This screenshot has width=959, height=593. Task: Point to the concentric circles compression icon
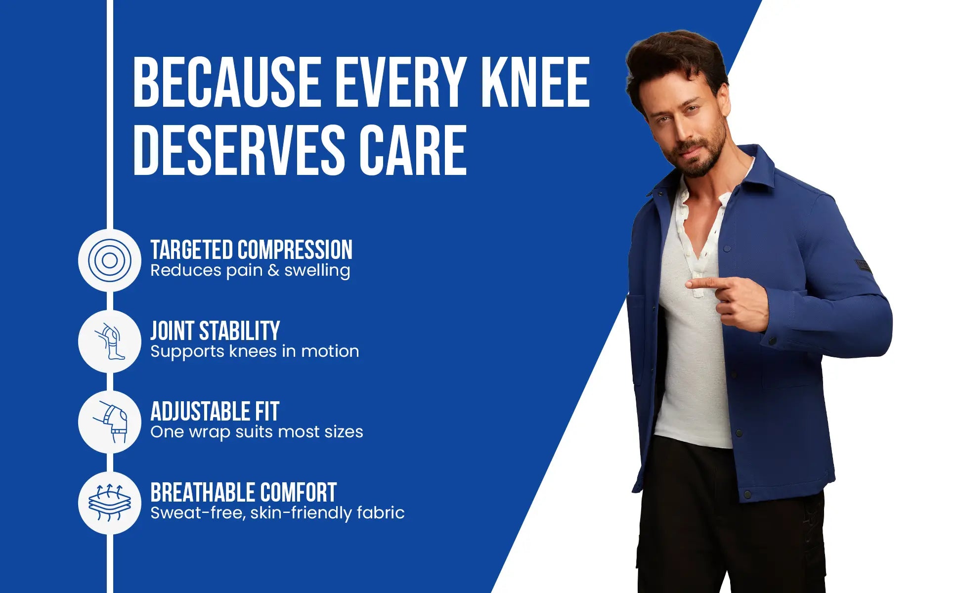[x=110, y=260]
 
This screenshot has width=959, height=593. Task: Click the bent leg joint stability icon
[x=110, y=341]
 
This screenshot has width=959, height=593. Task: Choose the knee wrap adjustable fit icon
[x=110, y=422]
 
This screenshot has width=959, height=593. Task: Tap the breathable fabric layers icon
[x=110, y=503]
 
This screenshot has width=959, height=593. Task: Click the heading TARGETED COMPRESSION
[x=251, y=250]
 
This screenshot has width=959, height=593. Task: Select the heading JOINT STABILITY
[x=215, y=331]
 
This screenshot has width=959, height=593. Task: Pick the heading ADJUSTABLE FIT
[x=215, y=412]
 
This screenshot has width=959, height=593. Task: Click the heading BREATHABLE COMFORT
[x=243, y=493]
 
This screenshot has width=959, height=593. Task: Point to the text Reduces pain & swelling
[x=250, y=270]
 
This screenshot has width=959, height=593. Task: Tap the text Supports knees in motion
[x=255, y=351]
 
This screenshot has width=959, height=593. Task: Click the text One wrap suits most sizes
[x=257, y=432]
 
